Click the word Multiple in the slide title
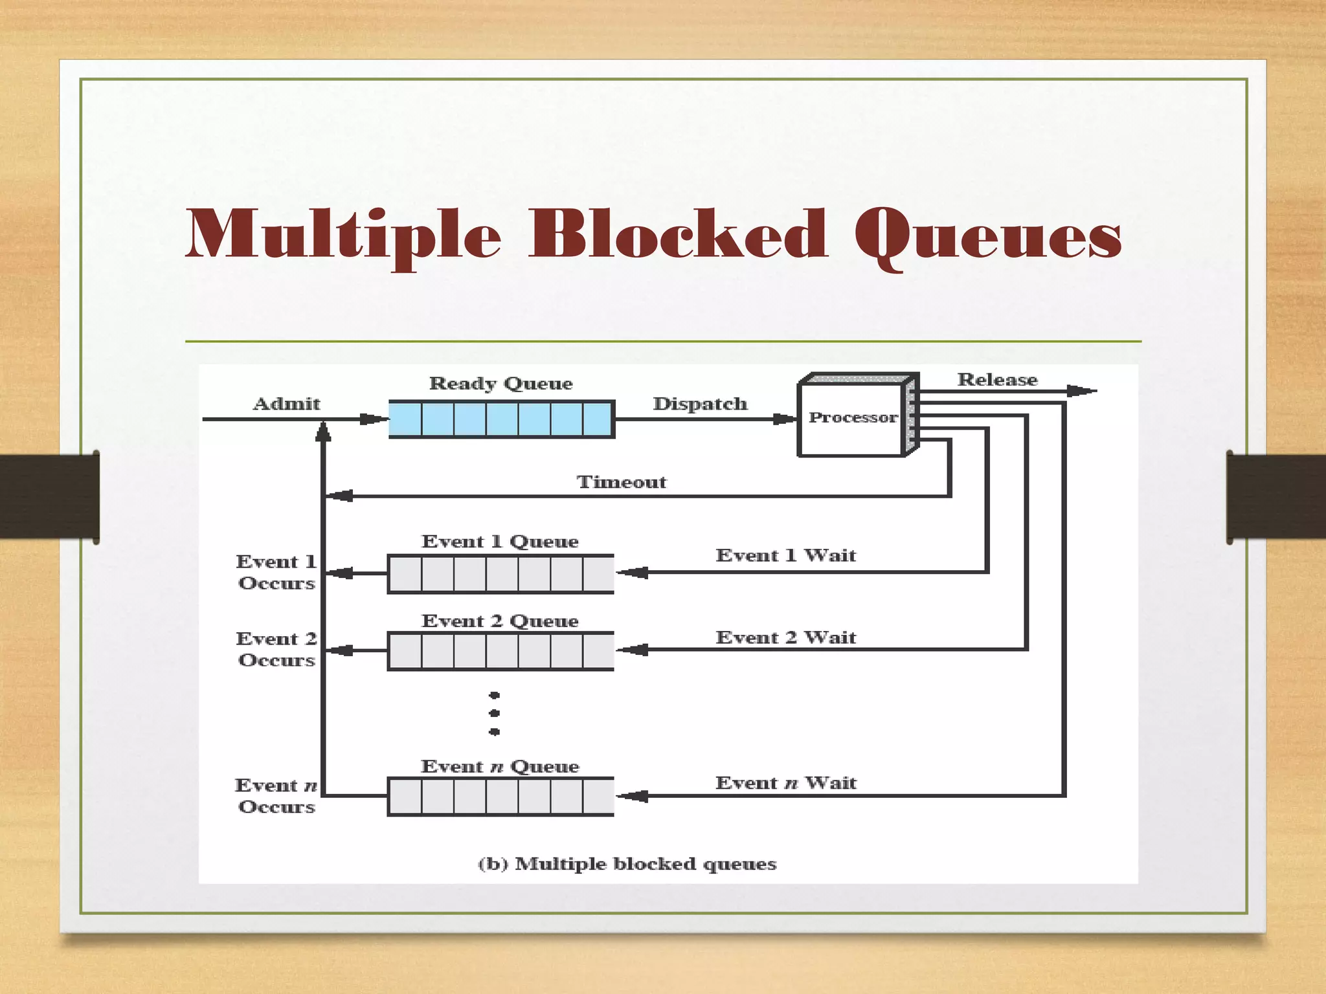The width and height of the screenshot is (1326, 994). [343, 234]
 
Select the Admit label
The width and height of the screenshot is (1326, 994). [286, 404]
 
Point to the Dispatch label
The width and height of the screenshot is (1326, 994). [700, 404]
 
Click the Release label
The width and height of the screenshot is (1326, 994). [997, 380]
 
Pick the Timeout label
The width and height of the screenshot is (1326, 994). [622, 482]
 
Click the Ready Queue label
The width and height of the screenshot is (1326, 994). [500, 384]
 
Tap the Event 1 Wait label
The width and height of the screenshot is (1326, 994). [785, 555]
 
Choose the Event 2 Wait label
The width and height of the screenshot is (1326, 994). [785, 637]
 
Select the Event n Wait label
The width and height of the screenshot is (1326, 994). [785, 783]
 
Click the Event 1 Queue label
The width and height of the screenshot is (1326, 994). [500, 542]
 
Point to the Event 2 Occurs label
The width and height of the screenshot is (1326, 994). [276, 649]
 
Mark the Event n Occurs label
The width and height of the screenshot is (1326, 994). [276, 796]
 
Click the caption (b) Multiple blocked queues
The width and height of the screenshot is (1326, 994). [627, 864]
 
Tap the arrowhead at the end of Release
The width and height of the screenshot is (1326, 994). [1081, 391]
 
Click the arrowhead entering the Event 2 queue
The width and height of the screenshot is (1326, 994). [631, 650]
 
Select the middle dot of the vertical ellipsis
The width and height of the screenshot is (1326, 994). [495, 713]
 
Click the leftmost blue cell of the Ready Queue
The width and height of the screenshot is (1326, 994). [406, 419]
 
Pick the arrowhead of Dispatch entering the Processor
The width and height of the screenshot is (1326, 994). [785, 419]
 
